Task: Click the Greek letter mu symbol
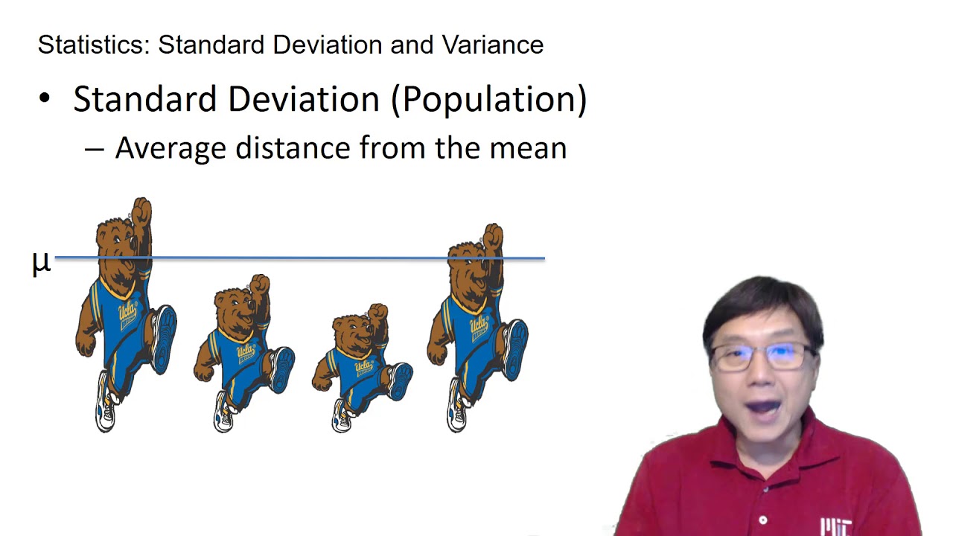pos(41,263)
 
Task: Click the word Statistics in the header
pos(94,45)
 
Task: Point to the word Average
pos(170,147)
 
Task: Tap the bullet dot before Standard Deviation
pos(45,99)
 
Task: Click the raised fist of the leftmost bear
pos(141,211)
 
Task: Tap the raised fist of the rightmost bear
pos(493,237)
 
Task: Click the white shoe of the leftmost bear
pos(106,413)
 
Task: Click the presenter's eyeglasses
pos(761,357)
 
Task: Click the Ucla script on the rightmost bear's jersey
pos(477,325)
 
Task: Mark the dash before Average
pos(94,149)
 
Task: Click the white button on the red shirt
pos(763,520)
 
